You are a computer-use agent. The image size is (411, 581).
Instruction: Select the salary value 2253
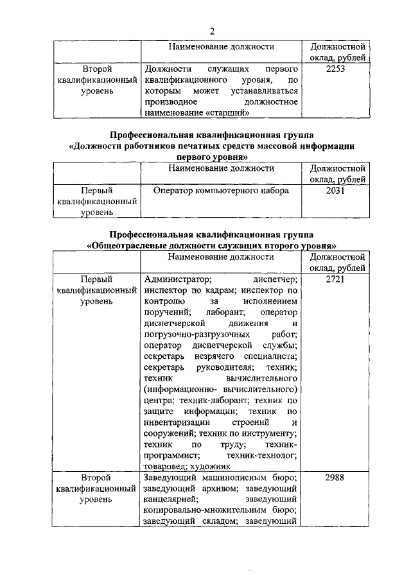pos(336,68)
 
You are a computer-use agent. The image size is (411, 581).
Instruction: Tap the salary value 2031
pos(336,190)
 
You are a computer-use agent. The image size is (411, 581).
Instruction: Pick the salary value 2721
pos(336,279)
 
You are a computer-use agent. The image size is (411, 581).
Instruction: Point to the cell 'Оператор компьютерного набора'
pos(222,190)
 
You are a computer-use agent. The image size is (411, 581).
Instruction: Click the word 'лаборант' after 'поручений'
pos(218,311)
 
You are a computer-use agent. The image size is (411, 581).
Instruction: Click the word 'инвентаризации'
pos(177,422)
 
